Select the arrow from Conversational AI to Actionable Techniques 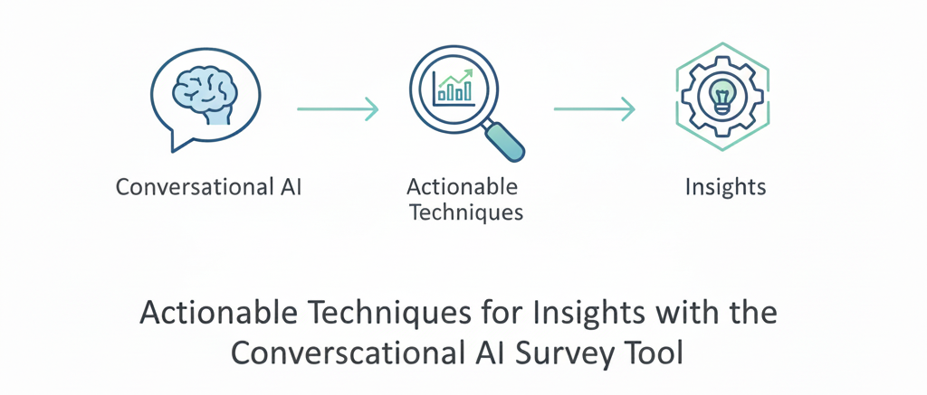pos(338,110)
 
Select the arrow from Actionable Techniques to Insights pos(594,110)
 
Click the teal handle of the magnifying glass pos(504,140)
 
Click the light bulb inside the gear pos(722,93)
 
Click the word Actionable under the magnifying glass pos(463,188)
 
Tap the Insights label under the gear pos(725,188)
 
